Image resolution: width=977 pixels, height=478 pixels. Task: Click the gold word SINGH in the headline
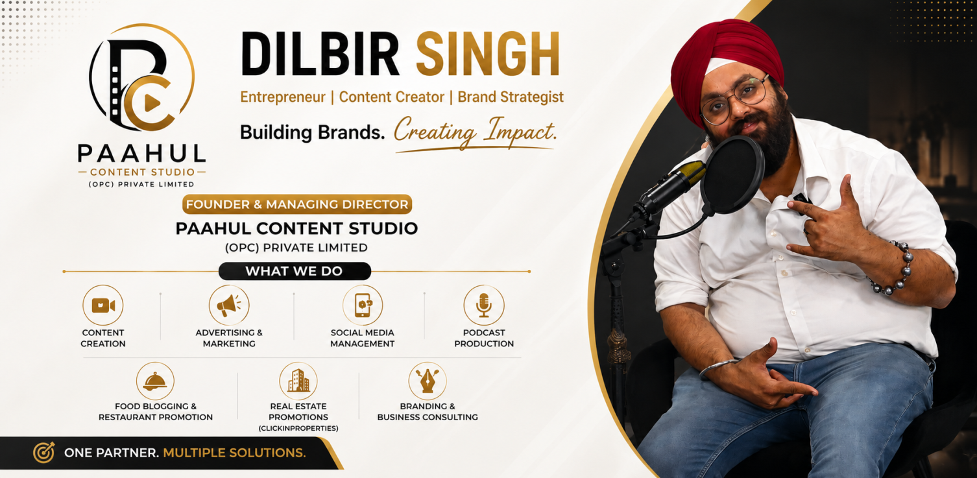coord(488,54)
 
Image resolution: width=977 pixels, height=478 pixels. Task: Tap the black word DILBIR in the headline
coord(320,54)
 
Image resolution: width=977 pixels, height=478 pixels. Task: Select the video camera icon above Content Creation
coord(103,305)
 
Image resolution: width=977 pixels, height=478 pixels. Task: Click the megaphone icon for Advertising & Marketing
coord(229,305)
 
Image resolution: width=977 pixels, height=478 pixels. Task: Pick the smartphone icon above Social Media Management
coord(363,305)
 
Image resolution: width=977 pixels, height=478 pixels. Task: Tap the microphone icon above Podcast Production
coord(484,305)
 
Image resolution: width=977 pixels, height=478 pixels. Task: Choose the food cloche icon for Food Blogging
coord(155,381)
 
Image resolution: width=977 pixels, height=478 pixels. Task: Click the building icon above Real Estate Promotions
coord(298,380)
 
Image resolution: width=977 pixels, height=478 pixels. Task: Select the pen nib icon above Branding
coord(428,381)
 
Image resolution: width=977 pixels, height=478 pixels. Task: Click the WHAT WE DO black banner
coord(295,271)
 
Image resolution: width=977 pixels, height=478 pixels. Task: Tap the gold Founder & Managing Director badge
coord(297,204)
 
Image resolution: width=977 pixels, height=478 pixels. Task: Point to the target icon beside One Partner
coord(44,452)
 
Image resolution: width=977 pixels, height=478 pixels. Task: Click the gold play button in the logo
coord(152,103)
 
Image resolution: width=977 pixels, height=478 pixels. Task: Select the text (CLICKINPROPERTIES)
coord(298,428)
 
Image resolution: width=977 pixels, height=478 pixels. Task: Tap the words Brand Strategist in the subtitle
coord(511,97)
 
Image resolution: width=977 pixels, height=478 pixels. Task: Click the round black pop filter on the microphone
coord(732,174)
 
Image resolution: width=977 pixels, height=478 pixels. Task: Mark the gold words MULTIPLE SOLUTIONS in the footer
coord(235,453)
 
